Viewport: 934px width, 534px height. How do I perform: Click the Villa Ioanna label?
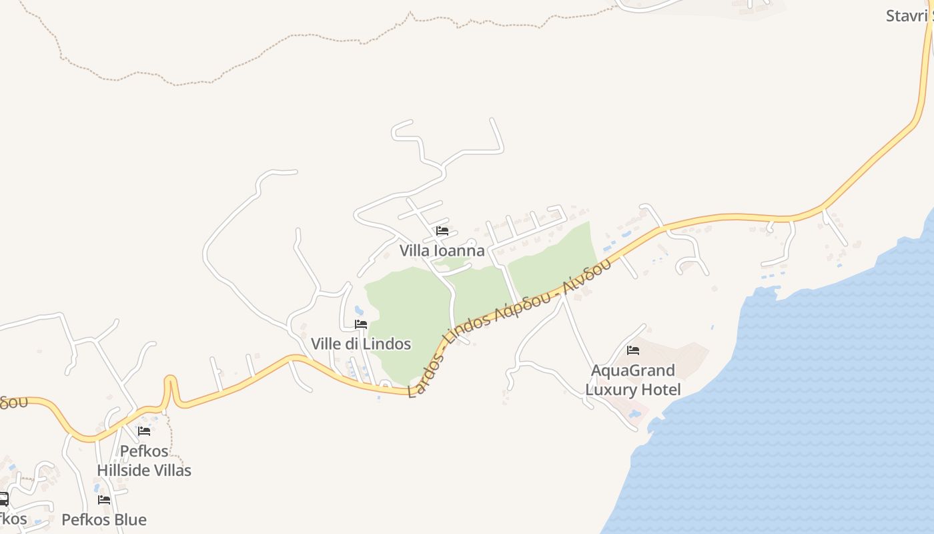click(442, 251)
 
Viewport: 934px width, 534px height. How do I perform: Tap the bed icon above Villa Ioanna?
click(442, 231)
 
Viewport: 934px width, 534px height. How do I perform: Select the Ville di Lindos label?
click(361, 344)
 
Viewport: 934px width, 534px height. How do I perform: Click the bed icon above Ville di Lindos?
click(361, 324)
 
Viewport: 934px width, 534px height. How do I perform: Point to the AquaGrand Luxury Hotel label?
click(633, 380)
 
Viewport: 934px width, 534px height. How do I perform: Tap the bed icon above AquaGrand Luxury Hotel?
click(633, 350)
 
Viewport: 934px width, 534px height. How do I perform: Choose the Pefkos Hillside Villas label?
click(144, 461)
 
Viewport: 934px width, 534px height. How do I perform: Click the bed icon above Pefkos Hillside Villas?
click(144, 431)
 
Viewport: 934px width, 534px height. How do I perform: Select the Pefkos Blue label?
click(104, 519)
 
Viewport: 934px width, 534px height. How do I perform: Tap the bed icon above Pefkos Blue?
click(104, 499)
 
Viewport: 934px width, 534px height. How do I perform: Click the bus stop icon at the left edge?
click(3, 499)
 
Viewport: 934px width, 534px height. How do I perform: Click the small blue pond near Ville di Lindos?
click(360, 310)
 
